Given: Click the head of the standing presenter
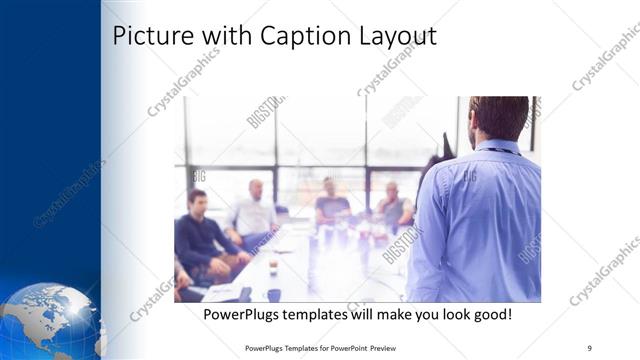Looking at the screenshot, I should (x=497, y=115).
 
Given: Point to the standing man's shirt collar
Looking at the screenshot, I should (x=498, y=147).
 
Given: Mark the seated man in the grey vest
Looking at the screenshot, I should (x=393, y=205).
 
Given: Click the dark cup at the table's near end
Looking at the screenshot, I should (x=273, y=295).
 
